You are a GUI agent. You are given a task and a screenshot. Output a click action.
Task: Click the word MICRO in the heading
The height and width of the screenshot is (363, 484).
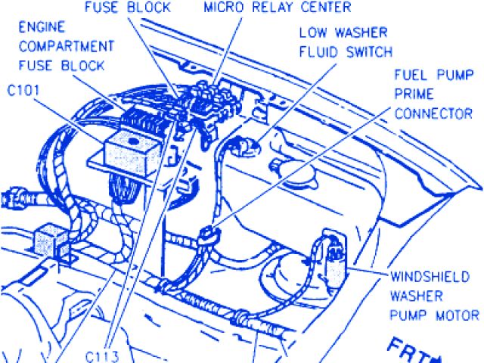(226, 8)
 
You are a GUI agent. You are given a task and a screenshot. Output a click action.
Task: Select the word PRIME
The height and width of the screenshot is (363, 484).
(414, 94)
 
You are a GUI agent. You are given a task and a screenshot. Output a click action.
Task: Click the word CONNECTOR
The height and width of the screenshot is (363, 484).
(433, 113)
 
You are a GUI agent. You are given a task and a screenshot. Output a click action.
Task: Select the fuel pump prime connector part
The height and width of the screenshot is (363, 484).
(209, 236)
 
